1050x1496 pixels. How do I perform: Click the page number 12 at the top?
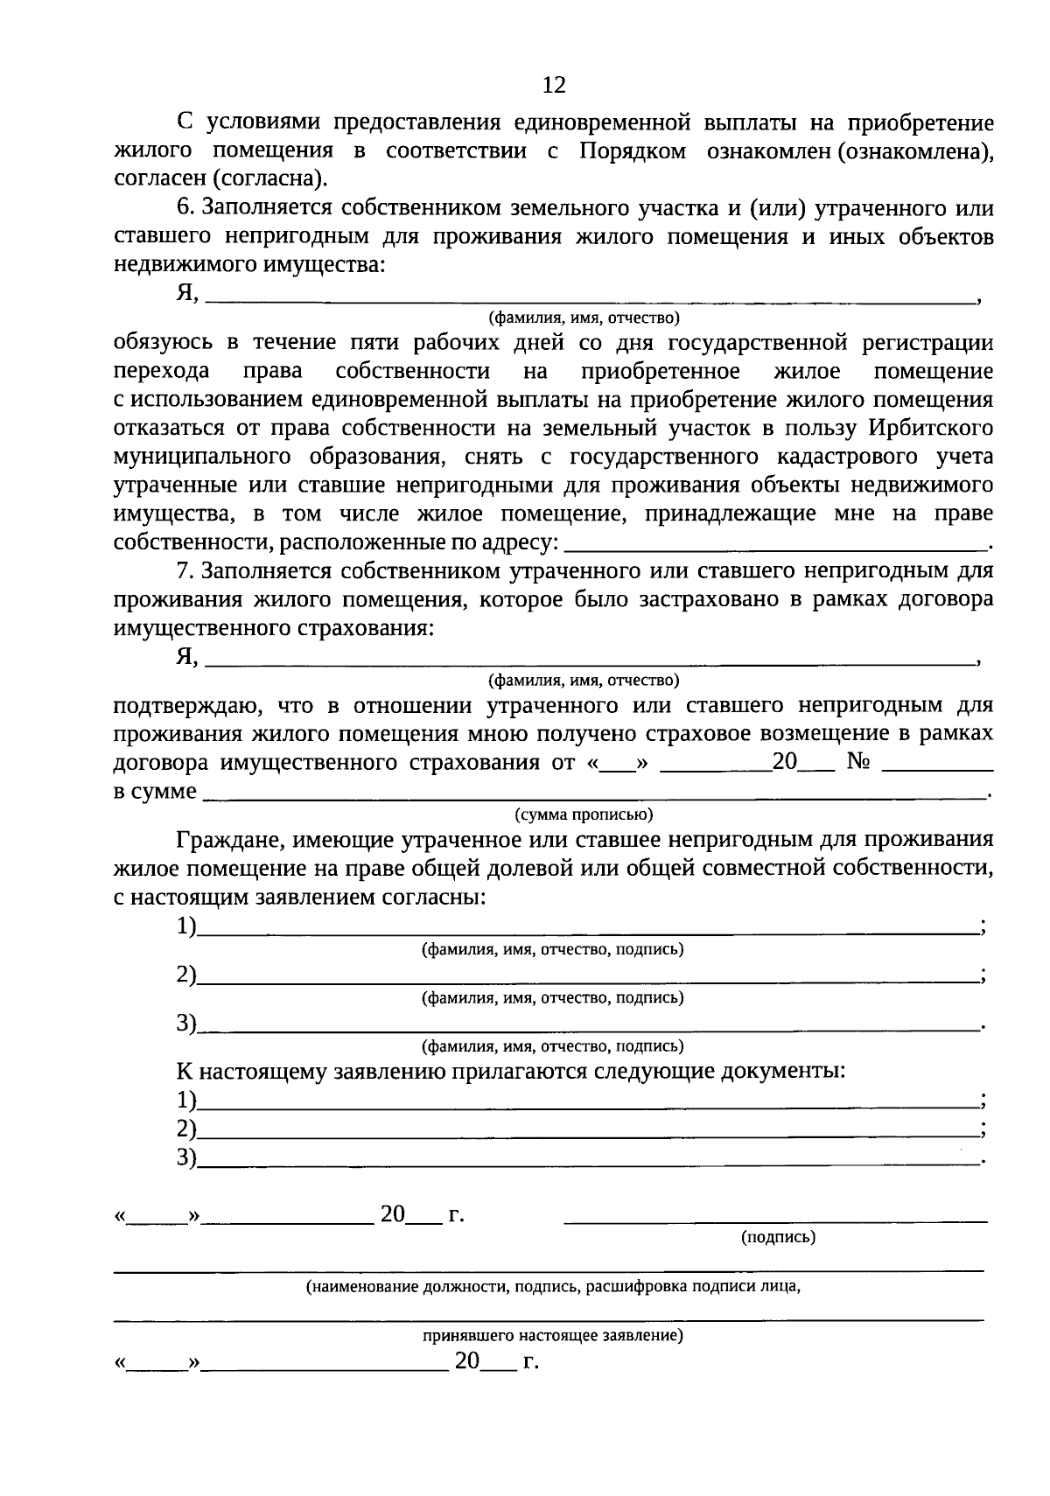point(554,85)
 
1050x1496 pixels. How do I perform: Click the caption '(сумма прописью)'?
point(584,814)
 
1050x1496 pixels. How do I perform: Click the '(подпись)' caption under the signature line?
point(778,1237)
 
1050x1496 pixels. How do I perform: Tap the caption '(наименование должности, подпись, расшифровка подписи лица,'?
point(553,1287)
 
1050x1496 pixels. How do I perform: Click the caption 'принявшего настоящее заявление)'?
point(553,1336)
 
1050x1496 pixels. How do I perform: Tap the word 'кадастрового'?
point(840,457)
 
